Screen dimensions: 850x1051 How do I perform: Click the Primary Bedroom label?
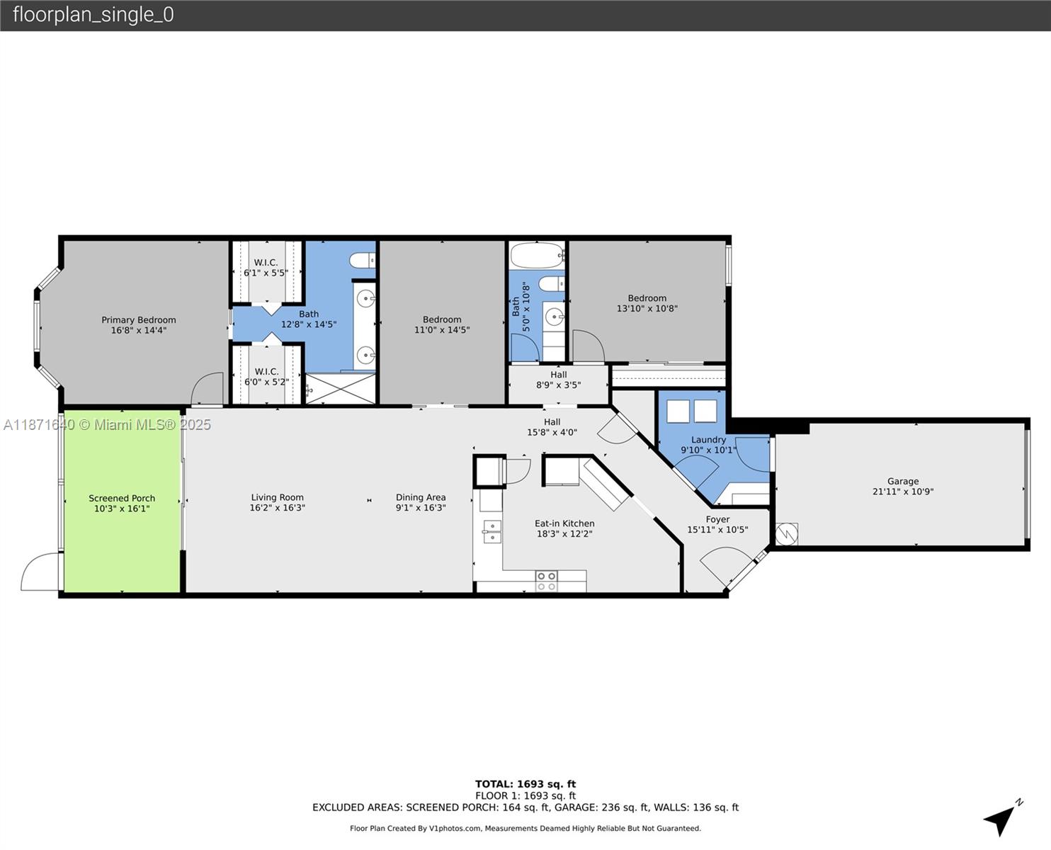point(139,320)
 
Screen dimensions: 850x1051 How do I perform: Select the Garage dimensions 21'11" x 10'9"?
point(902,492)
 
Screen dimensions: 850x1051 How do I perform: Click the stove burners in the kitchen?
point(546,582)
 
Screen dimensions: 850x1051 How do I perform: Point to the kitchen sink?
point(492,531)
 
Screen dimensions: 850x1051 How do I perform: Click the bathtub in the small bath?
point(537,253)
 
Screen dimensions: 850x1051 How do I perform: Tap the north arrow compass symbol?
point(1001,819)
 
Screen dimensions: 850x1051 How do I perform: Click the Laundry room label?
point(708,440)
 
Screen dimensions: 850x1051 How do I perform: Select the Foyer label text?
point(717,519)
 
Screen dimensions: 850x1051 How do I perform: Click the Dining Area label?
point(421,497)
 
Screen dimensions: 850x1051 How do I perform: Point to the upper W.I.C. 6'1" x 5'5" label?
point(266,268)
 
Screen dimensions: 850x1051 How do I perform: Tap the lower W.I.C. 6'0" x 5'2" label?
point(266,377)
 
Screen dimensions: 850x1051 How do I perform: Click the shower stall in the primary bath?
point(340,388)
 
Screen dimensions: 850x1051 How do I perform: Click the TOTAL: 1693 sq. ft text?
point(525,783)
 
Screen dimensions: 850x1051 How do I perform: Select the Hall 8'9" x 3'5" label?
point(558,380)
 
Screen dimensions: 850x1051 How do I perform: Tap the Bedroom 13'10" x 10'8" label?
point(647,303)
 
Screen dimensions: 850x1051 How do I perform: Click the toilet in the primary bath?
point(363,261)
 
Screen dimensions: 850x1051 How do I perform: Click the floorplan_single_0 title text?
point(93,15)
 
